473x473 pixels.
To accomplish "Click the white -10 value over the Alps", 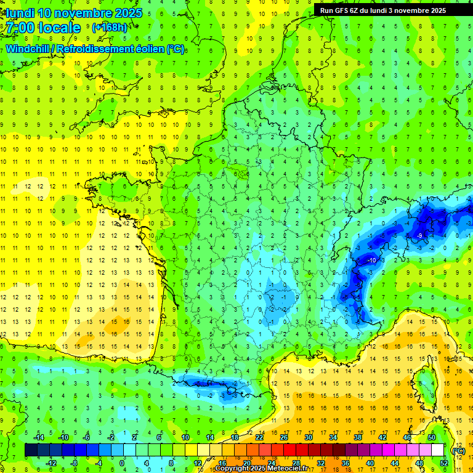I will [x=372, y=261].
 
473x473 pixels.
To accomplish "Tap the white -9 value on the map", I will [x=419, y=235].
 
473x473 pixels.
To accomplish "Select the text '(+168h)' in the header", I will [x=110, y=28].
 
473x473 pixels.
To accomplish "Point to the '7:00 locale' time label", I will [x=44, y=28].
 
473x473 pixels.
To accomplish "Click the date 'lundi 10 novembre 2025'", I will [x=74, y=13].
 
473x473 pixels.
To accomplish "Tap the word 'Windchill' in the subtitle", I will [x=29, y=49].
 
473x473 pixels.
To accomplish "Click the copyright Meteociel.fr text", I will [x=261, y=469].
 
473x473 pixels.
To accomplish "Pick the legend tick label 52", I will [x=443, y=463].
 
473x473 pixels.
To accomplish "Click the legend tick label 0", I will [x=121, y=463].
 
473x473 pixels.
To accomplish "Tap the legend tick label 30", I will [x=307, y=437].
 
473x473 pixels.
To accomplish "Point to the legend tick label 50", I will [x=431, y=437].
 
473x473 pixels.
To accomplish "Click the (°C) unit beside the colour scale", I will [x=458, y=450].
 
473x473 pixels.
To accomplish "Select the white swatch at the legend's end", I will [x=437, y=450].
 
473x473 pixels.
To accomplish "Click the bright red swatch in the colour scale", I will [x=289, y=450].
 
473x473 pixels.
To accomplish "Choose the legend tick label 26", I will [x=283, y=437].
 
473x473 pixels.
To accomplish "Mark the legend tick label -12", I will [x=51, y=463].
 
